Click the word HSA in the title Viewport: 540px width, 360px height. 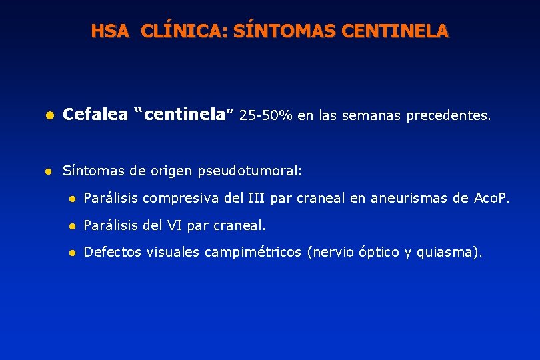110,31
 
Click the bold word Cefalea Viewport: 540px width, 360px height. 95,115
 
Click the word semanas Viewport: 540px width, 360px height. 370,116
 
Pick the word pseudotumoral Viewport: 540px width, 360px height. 249,171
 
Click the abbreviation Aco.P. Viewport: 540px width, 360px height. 491,197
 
